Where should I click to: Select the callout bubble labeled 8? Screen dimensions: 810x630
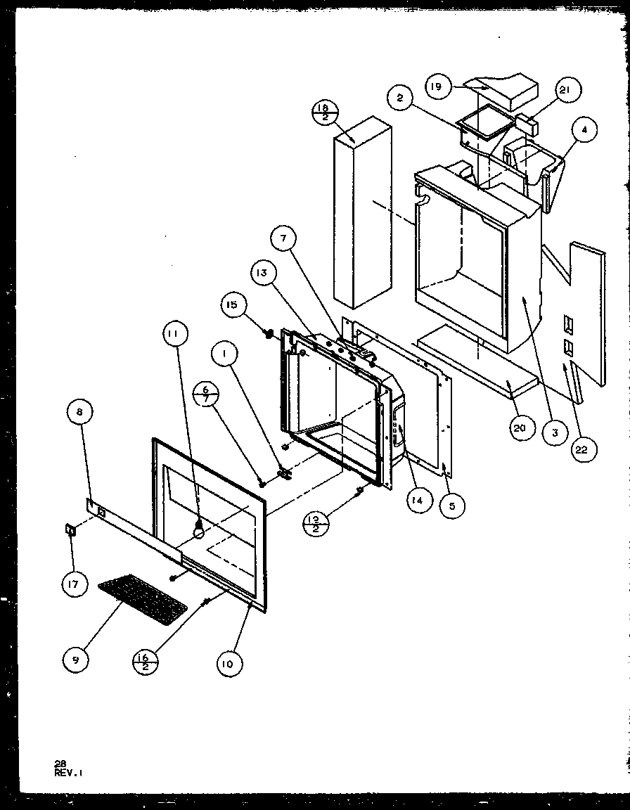click(79, 412)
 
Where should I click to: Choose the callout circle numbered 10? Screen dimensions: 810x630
click(227, 663)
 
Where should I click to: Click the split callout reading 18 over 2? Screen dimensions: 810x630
click(322, 112)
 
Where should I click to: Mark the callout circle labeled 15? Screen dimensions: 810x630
click(233, 306)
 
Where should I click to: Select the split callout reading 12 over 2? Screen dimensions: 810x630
click(314, 524)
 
